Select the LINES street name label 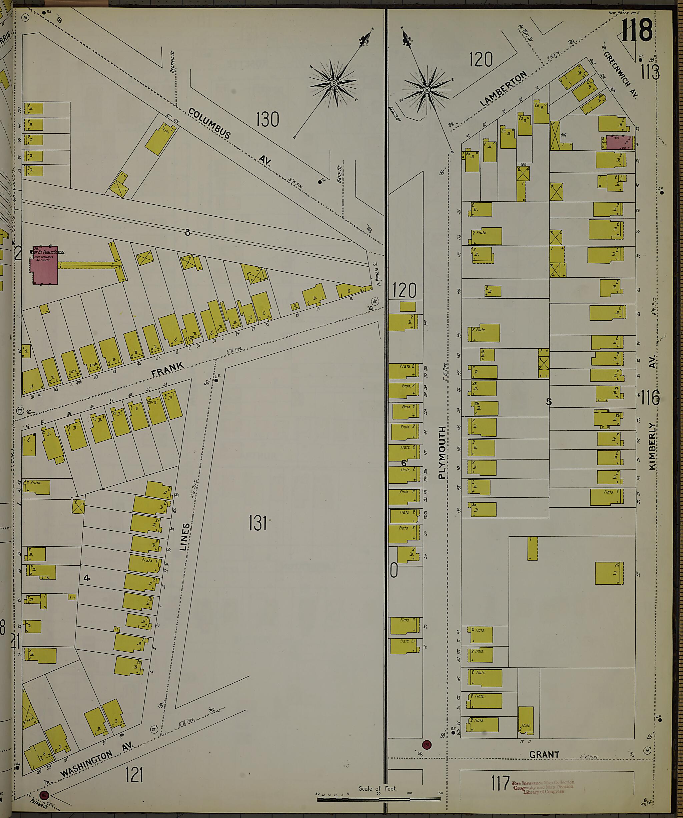[x=185, y=537]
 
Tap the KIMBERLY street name [x=652, y=446]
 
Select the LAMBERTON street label [x=503, y=89]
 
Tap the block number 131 [x=257, y=523]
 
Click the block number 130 [x=267, y=119]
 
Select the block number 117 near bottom [x=500, y=783]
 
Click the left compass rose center [x=334, y=83]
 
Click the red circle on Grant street [x=427, y=745]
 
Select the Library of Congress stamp [x=544, y=787]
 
